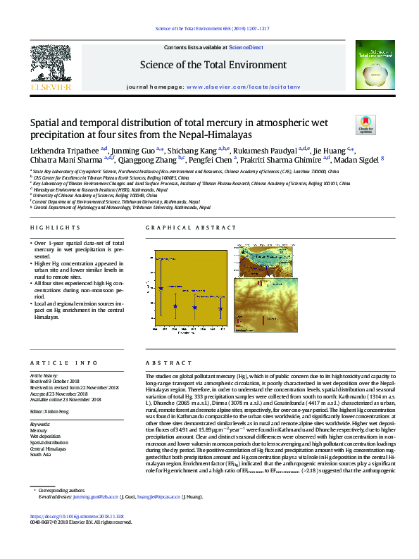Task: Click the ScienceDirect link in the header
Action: point(246,47)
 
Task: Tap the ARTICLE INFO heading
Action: point(54,363)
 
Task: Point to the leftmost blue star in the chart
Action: point(161,288)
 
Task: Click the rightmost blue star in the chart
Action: point(221,309)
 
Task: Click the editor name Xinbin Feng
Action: point(56,410)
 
